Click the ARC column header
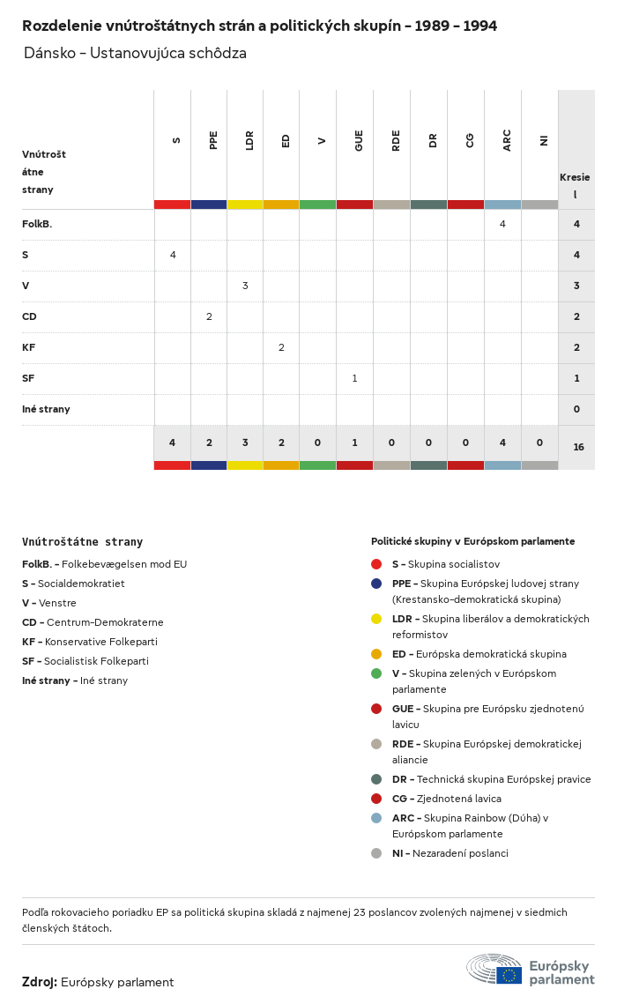coord(507,141)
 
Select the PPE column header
coord(213,140)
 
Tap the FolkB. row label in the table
coord(37,224)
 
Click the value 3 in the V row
coord(245,286)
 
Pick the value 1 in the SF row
coord(354,378)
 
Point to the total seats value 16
coord(578,447)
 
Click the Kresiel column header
coord(575,185)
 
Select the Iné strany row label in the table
coord(46,409)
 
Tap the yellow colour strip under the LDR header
coord(245,205)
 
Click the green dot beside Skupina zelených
coord(376,673)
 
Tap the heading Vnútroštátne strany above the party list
coord(82,542)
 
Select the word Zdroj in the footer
coord(40,982)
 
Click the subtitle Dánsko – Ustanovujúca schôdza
coord(135,54)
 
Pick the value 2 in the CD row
coord(209,316)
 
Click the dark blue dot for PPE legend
coord(376,584)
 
